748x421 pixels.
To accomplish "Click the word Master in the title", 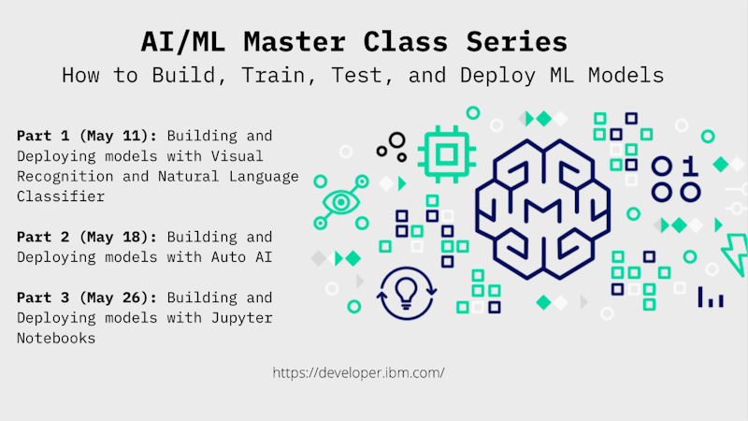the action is [x=295, y=41].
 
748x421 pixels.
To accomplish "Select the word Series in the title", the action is [x=517, y=41].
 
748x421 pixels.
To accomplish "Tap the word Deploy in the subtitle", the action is [x=497, y=76].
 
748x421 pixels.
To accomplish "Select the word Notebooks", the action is [x=56, y=339].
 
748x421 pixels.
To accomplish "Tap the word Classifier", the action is [x=61, y=196].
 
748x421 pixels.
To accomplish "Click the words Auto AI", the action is [x=242, y=257].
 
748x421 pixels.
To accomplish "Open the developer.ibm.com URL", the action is [x=359, y=372].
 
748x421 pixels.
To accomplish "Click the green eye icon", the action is [x=341, y=202].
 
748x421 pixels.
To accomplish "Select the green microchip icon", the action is [x=447, y=154].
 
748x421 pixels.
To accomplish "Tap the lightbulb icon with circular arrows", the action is [x=407, y=293].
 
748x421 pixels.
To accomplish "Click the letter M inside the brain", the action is [x=542, y=211].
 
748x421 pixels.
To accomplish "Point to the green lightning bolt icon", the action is [x=735, y=254].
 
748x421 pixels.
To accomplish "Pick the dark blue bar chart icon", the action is [x=711, y=298].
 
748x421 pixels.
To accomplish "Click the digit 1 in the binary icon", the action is [x=690, y=167].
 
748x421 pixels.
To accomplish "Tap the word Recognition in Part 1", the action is [x=65, y=177].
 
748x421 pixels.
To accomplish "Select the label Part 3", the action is [x=43, y=298].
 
